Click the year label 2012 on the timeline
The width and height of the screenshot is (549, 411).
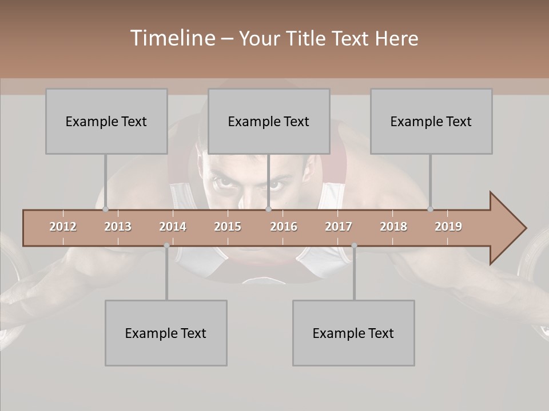coord(63,227)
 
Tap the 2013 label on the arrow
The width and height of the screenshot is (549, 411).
coord(118,227)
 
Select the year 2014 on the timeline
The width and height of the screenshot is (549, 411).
coord(173,227)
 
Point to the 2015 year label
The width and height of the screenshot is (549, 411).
coord(228,227)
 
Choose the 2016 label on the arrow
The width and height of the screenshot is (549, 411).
coord(284,227)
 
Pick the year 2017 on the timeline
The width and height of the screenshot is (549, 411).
coord(339,227)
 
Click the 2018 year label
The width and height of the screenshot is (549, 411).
coord(393,227)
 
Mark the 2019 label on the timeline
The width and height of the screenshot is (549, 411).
coord(448,227)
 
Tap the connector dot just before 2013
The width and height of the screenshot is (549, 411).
coord(105,209)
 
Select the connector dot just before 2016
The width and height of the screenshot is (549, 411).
coord(269,209)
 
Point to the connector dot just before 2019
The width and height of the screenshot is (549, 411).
coord(430,209)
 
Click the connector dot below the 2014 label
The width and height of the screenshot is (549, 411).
coord(166,245)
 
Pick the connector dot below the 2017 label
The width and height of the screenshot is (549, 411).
coord(354,245)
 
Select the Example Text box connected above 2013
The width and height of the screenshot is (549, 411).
coord(106,121)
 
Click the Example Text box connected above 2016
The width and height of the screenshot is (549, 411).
coord(269,121)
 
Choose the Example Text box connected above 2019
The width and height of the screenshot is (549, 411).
coord(431,121)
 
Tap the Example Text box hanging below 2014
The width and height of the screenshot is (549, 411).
coord(166,333)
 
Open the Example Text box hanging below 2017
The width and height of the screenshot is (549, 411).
coord(353,333)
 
